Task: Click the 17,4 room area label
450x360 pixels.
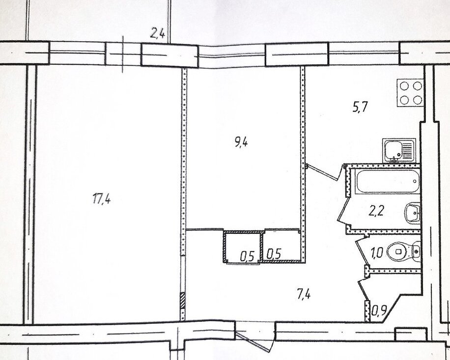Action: [x=102, y=198]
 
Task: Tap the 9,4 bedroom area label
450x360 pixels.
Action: [x=241, y=142]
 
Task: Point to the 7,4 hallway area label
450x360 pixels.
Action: [x=304, y=294]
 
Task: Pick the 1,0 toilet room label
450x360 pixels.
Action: [x=377, y=253]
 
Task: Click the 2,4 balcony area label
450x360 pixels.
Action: [x=157, y=33]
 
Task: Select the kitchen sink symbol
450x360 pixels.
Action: [x=399, y=151]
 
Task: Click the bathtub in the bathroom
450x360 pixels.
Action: [x=388, y=181]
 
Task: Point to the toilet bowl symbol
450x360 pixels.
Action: [x=403, y=251]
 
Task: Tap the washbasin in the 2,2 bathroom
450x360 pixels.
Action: [x=413, y=212]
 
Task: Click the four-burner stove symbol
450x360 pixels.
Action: [x=410, y=93]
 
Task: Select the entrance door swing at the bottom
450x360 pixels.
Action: [x=253, y=341]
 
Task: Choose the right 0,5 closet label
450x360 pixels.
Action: [x=274, y=254]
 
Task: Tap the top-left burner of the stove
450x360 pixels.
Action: [x=404, y=85]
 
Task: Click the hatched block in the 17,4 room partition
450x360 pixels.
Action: [x=183, y=301]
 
